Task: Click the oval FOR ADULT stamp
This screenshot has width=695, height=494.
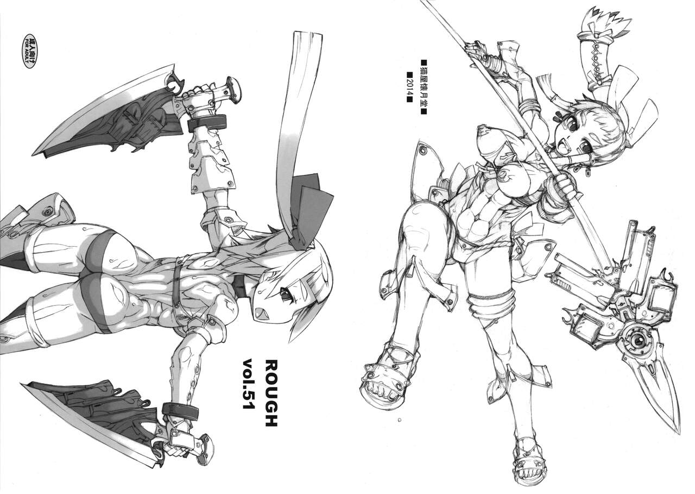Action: [31, 51]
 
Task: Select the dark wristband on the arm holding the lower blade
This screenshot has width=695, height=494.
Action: [181, 412]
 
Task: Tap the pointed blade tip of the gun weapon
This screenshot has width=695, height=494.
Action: [679, 434]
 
